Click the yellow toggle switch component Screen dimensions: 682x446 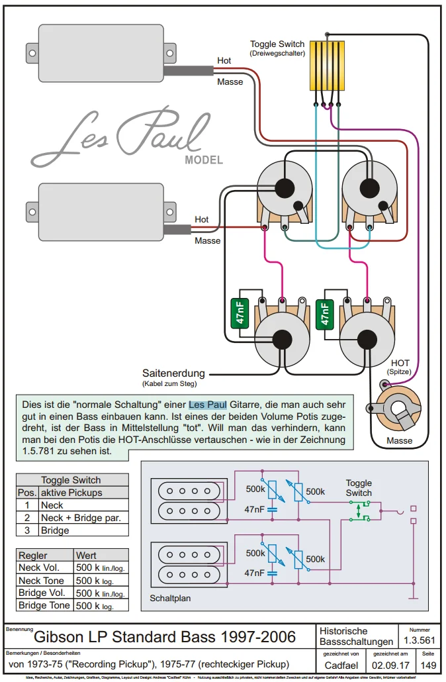tap(326, 66)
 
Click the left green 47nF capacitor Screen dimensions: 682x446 tap(236, 314)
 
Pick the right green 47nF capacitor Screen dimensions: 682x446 tap(324, 314)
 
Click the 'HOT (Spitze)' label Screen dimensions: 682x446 tap(400, 367)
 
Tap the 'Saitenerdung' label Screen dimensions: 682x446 tap(173, 373)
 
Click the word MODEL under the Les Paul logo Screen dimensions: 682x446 tap(204, 160)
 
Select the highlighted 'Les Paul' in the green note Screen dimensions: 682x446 tap(208, 403)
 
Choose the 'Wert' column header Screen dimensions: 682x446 tap(87, 555)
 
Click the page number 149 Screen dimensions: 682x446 tap(429, 665)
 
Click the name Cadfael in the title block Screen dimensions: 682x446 tap(341, 665)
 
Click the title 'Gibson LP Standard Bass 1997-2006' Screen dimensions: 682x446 tap(165, 638)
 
